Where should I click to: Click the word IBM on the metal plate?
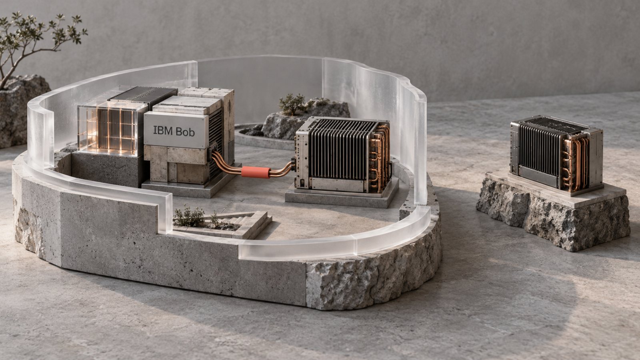pos(163,130)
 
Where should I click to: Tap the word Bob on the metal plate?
pos(185,132)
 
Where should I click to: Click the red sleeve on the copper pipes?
pos(256,172)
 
